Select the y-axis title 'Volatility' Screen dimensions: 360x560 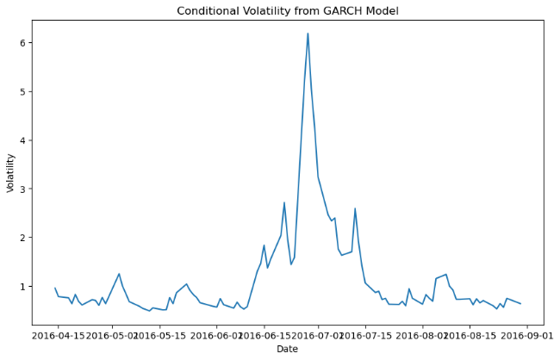11,172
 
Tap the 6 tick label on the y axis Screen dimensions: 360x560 26,43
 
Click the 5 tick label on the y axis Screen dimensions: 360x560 26,91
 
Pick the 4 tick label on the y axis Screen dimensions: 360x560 26,140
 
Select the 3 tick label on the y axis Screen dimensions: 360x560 26,189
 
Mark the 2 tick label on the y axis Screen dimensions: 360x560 26,238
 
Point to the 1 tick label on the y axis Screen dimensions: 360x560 26,286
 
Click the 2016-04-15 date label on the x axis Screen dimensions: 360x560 58,335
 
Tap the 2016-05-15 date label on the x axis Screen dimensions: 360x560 162,335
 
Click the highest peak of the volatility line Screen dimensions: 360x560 308,34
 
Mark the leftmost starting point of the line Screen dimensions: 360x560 55,289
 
